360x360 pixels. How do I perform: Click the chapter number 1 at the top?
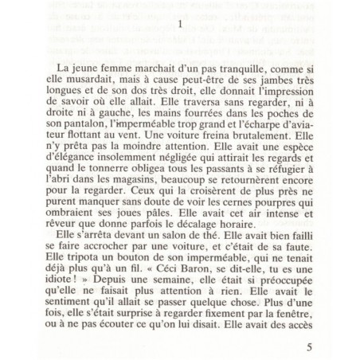tap(182, 24)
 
